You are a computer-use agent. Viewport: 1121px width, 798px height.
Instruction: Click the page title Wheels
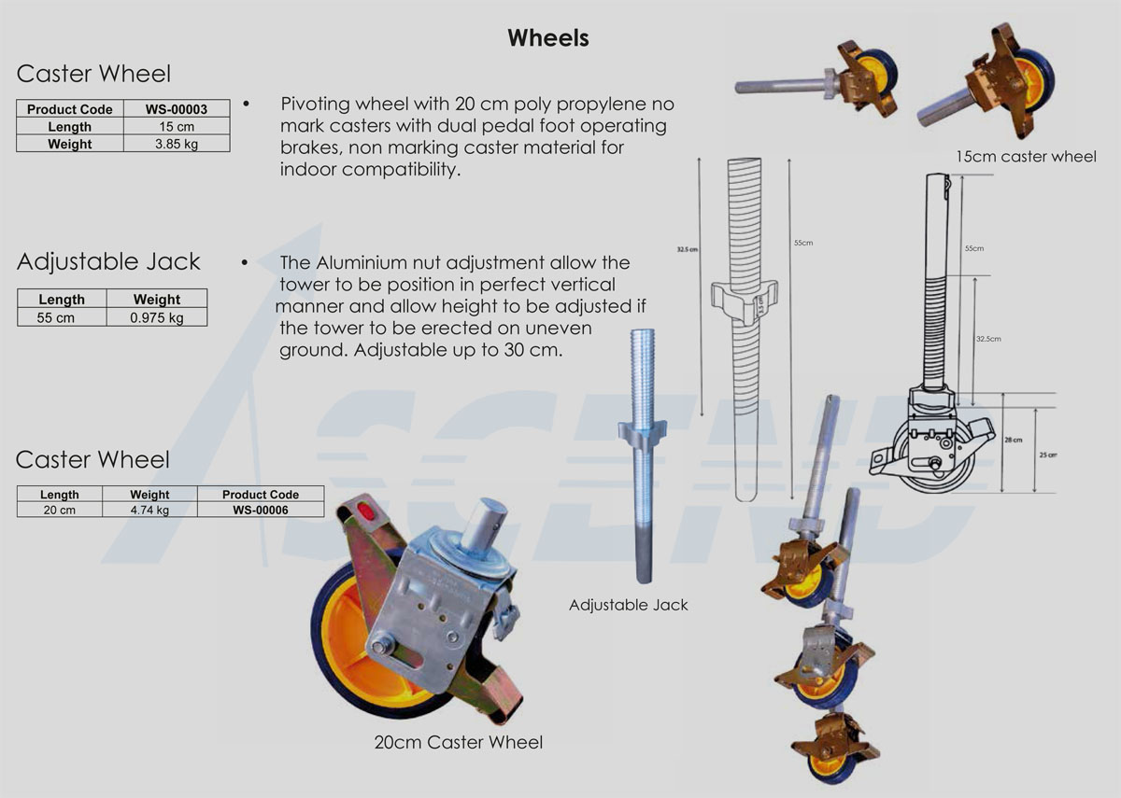(547, 37)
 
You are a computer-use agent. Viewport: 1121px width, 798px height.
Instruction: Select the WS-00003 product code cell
(176, 109)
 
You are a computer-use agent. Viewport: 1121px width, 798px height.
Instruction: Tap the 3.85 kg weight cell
(176, 144)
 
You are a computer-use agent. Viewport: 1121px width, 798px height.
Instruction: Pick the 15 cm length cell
(176, 127)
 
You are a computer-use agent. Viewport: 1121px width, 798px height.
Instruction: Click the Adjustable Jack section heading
(108, 261)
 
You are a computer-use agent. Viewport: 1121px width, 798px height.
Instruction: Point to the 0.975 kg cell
(156, 317)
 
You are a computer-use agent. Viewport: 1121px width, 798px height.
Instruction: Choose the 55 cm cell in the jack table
(62, 317)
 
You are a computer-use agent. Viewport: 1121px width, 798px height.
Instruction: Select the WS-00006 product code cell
(260, 510)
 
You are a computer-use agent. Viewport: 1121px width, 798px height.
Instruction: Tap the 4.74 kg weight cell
(149, 510)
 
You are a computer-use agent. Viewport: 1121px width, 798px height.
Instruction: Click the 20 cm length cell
(60, 510)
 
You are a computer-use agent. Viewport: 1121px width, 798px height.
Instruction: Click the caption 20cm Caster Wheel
(458, 743)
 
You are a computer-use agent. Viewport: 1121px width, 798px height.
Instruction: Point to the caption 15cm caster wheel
(1026, 156)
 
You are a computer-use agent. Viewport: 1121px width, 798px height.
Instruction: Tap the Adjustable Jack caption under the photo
(628, 605)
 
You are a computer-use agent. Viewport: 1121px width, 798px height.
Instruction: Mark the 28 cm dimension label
(1013, 440)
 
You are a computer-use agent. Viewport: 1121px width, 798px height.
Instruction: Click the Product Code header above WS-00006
(260, 494)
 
